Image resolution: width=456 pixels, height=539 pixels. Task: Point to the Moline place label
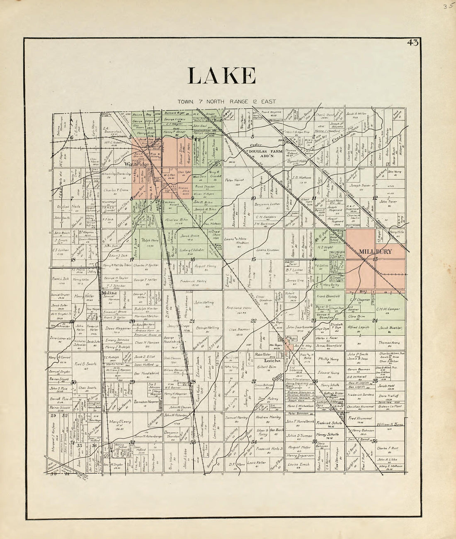109,293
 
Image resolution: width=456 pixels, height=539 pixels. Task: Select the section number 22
253,320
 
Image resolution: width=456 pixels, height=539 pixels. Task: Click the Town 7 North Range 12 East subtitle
222,101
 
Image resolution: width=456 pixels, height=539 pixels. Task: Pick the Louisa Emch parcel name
298,464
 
